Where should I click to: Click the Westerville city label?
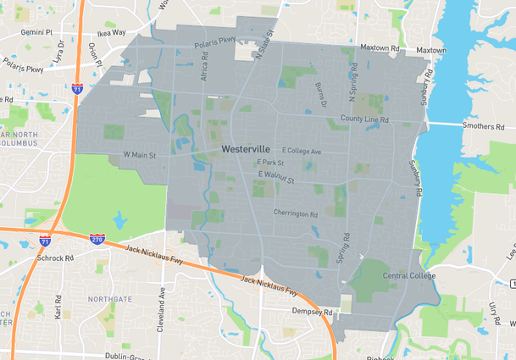click(x=246, y=148)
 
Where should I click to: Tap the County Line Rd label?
click(x=364, y=120)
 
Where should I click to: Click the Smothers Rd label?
click(x=482, y=125)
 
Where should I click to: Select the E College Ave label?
click(x=302, y=151)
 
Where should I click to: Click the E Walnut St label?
click(x=275, y=177)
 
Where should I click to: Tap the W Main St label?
click(x=141, y=155)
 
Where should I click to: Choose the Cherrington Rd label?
click(x=295, y=214)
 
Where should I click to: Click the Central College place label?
click(x=409, y=276)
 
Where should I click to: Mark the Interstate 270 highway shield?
click(x=97, y=240)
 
